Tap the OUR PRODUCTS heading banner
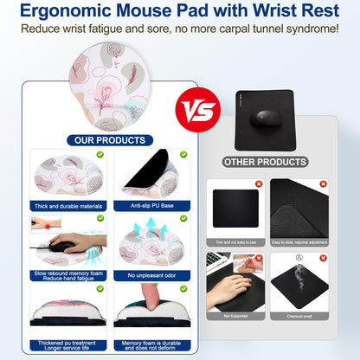coord(110,140)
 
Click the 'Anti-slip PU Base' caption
coord(151,205)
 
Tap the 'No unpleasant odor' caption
coord(152,275)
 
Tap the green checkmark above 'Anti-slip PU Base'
coord(183,156)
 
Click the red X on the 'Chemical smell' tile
coord(322,258)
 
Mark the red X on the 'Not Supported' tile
coord(258,258)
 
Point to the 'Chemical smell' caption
coord(299,316)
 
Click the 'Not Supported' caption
coord(235,316)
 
